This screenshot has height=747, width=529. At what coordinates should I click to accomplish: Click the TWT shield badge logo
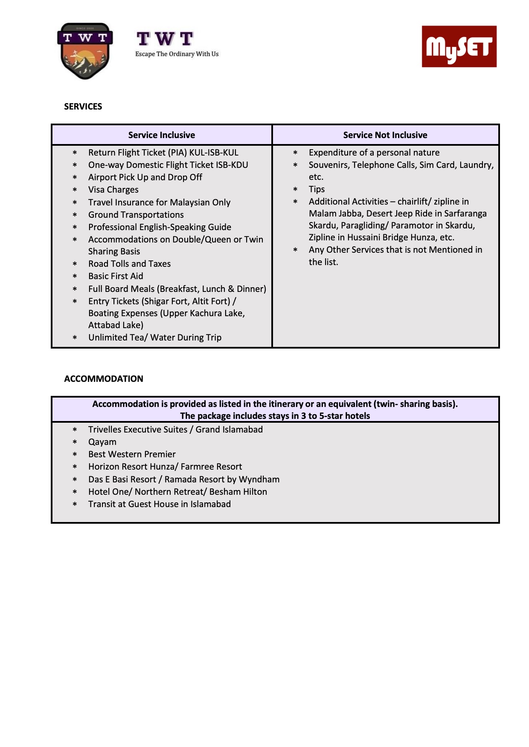pyautogui.click(x=85, y=51)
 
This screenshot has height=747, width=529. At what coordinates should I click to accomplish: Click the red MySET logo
pyautogui.click(x=459, y=46)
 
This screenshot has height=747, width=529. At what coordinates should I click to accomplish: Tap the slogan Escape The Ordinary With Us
pyautogui.click(x=177, y=54)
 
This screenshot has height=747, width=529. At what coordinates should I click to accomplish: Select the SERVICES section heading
pyautogui.click(x=83, y=107)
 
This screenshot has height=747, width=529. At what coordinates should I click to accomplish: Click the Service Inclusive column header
pyautogui.click(x=161, y=135)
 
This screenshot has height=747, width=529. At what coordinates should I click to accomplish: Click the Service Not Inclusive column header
pyautogui.click(x=385, y=135)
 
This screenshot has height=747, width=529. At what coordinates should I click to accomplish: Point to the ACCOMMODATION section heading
pyautogui.click(x=104, y=379)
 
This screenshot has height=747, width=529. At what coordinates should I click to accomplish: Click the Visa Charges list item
pyautogui.click(x=113, y=190)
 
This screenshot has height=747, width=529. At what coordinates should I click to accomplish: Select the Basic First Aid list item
pyautogui.click(x=116, y=276)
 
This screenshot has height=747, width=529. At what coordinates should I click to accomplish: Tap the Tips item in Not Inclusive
pyautogui.click(x=317, y=189)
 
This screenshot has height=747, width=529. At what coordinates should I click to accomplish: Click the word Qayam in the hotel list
pyautogui.click(x=102, y=442)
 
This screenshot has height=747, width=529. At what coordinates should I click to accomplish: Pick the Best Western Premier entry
pyautogui.click(x=132, y=454)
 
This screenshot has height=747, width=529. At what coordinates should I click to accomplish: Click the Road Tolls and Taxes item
pyautogui.click(x=129, y=264)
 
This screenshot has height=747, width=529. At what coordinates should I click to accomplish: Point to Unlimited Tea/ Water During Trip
pyautogui.click(x=155, y=337)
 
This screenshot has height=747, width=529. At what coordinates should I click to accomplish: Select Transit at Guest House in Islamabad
pyautogui.click(x=160, y=504)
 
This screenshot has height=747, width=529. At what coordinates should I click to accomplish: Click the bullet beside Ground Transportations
pyautogui.click(x=75, y=215)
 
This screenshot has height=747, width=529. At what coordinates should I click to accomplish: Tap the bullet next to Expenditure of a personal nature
pyautogui.click(x=295, y=153)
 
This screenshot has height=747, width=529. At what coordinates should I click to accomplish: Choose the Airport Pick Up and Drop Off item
pyautogui.click(x=145, y=177)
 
